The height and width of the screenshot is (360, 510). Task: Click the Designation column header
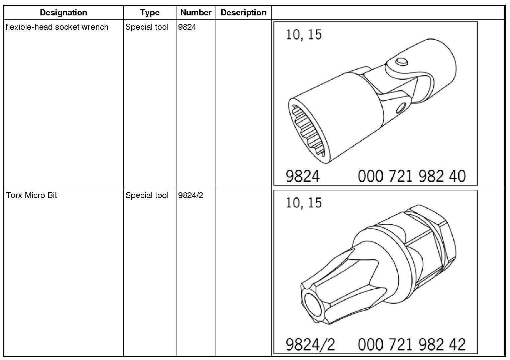tap(63, 12)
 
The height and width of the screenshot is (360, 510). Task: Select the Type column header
tap(150, 13)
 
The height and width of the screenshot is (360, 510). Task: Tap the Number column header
tap(196, 12)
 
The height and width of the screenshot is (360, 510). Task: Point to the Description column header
tap(244, 12)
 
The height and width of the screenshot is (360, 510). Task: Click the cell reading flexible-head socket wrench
tap(57, 27)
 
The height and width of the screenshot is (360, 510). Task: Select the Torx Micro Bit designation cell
tap(31, 195)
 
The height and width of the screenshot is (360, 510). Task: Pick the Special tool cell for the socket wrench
tap(147, 27)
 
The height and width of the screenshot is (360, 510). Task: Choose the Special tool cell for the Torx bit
tap(147, 195)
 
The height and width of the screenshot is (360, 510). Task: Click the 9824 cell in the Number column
tap(187, 27)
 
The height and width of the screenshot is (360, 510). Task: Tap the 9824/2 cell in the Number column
tap(191, 195)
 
